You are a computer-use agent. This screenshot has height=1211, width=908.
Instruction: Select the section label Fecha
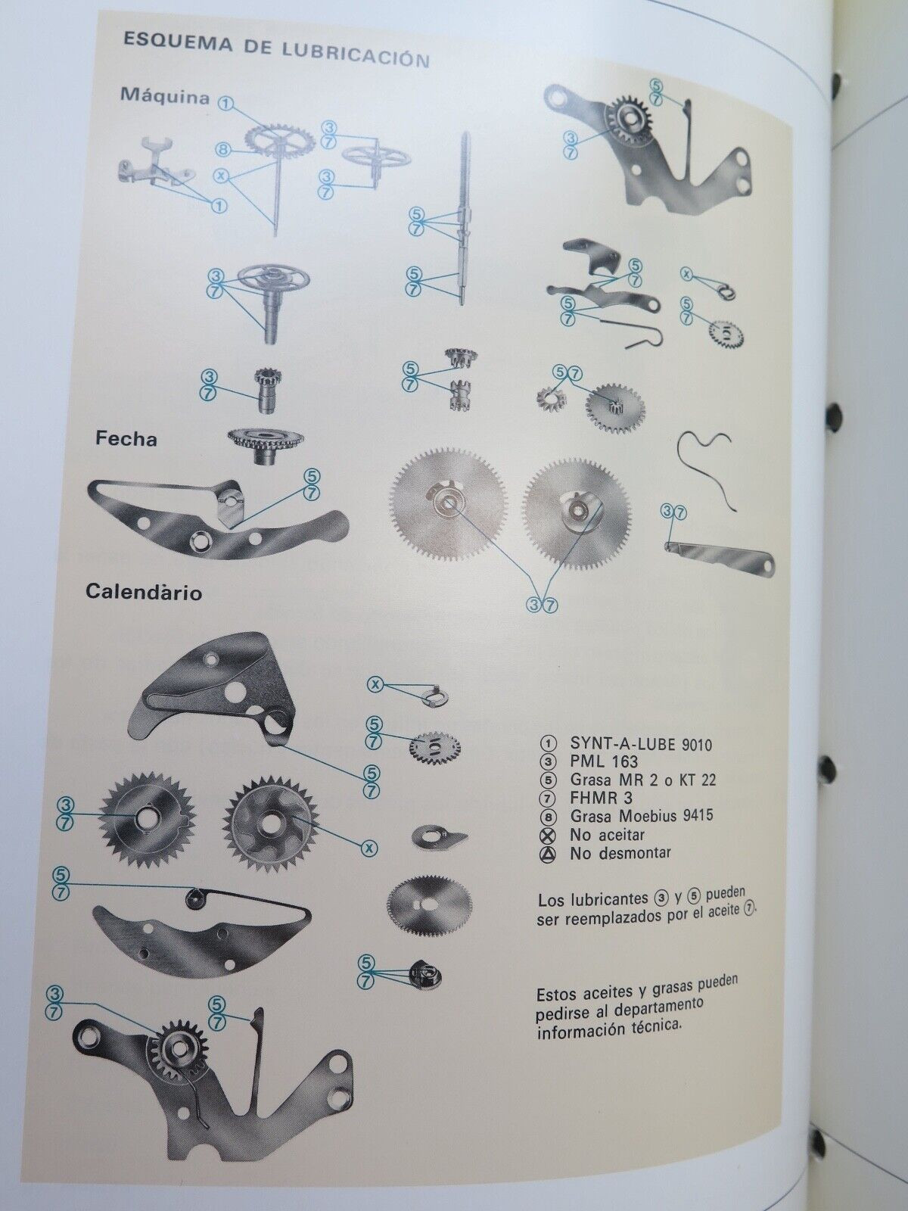point(126,439)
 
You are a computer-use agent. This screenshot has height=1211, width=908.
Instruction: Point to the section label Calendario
point(144,592)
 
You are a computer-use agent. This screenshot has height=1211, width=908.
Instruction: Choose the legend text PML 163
point(604,762)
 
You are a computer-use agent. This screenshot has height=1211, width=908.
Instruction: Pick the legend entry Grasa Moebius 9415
point(642,815)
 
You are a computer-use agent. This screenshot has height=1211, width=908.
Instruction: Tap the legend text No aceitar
point(607,834)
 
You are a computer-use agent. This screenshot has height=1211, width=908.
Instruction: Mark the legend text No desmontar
point(620,852)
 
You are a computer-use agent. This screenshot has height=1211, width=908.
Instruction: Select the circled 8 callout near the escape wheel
point(222,150)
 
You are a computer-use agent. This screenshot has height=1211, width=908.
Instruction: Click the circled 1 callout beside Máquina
point(226,102)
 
